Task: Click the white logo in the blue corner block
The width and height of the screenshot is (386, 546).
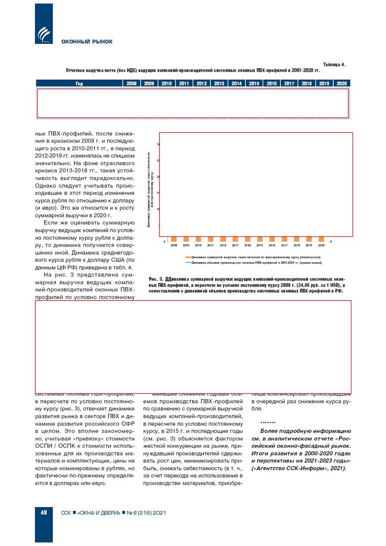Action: click(44, 34)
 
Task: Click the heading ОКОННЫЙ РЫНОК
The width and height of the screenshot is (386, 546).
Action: click(87, 42)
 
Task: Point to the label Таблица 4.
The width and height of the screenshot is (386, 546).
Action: click(334, 65)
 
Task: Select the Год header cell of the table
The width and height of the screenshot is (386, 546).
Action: click(79, 84)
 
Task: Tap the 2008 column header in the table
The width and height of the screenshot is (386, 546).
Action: click(132, 84)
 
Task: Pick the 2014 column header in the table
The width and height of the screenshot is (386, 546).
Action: click(237, 84)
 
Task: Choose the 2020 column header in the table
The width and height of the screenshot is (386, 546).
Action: click(341, 84)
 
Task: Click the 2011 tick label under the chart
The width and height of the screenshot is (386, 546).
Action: click(210, 245)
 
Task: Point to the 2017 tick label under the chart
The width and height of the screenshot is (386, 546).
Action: click(284, 245)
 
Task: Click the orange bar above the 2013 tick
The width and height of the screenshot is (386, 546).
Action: click(235, 239)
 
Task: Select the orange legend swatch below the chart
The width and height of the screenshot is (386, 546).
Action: click(188, 257)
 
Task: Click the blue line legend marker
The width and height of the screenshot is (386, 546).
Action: click(188, 263)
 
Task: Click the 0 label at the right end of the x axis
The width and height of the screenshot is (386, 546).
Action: click(331, 242)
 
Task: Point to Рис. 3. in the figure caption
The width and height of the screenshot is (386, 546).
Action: click(156, 279)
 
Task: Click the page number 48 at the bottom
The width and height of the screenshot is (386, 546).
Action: click(44, 512)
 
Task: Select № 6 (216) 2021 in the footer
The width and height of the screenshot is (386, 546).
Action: click(146, 513)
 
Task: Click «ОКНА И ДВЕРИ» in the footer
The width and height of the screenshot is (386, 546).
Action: click(98, 513)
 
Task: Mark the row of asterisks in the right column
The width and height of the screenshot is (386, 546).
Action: click(268, 423)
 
